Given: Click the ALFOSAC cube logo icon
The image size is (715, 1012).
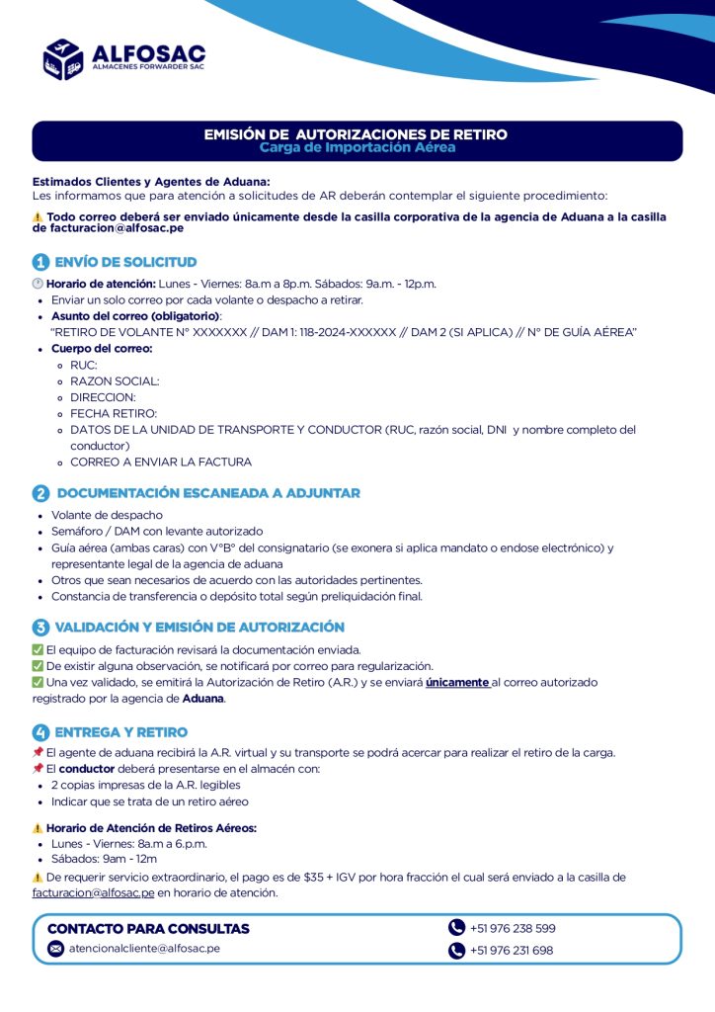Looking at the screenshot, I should pyautogui.click(x=62, y=59).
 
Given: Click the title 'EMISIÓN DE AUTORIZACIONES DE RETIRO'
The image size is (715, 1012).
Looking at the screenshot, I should pyautogui.click(x=356, y=133).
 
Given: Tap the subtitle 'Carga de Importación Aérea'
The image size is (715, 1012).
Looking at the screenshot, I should pyautogui.click(x=357, y=147).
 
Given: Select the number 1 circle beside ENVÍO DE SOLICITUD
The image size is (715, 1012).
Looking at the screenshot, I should pyautogui.click(x=40, y=263).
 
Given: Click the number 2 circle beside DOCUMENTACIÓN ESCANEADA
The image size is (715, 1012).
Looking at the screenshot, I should pyautogui.click(x=40, y=493).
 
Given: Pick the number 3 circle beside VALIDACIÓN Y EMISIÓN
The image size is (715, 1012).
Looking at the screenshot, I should pyautogui.click(x=40, y=628).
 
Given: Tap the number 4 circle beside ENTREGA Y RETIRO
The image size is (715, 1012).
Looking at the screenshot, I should pyautogui.click(x=40, y=732).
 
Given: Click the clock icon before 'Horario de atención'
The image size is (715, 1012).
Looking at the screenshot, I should pyautogui.click(x=38, y=284).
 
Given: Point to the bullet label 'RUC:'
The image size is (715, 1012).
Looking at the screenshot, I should pyautogui.click(x=84, y=365).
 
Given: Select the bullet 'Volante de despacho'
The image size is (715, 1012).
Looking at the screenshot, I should pyautogui.click(x=107, y=515).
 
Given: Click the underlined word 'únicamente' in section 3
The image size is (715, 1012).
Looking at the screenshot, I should pyautogui.click(x=457, y=682).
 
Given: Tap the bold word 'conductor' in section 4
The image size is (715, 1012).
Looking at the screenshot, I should pyautogui.click(x=87, y=768).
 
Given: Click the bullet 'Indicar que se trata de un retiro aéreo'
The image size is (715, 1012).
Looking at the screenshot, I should pyautogui.click(x=149, y=801).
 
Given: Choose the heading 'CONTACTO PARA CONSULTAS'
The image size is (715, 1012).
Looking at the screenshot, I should pyautogui.click(x=148, y=929).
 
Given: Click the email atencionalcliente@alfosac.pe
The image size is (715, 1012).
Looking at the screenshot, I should pyautogui.click(x=144, y=948).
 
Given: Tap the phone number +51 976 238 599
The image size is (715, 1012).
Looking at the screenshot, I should pyautogui.click(x=513, y=928).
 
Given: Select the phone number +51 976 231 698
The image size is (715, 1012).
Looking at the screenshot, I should pyautogui.click(x=512, y=951).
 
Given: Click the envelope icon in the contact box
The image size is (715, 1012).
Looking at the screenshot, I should pyautogui.click(x=56, y=949).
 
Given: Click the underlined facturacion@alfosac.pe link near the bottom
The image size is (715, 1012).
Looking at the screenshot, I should pyautogui.click(x=93, y=892).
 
